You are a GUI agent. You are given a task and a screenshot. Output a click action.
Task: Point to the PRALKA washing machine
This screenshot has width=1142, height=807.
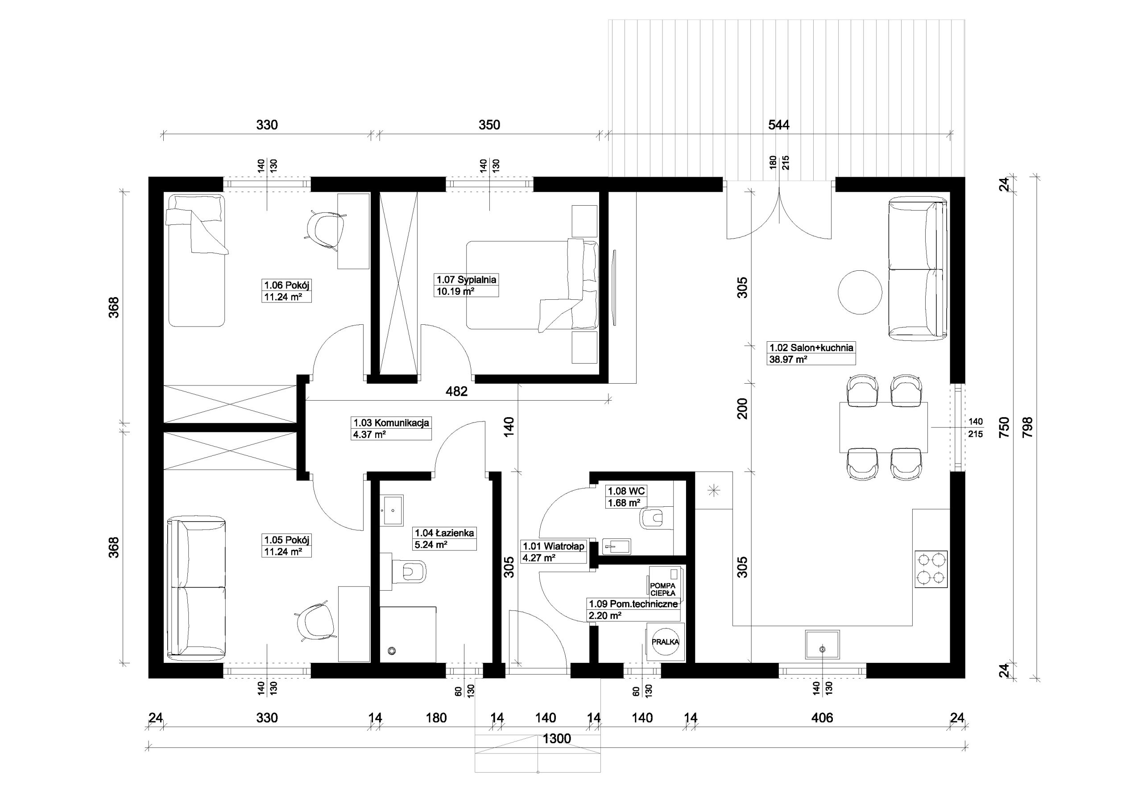tap(665, 642)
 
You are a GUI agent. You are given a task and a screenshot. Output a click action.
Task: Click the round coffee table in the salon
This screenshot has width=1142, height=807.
tap(861, 292)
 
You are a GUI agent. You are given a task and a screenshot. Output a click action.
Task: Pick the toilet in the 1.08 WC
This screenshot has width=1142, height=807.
tap(656, 518)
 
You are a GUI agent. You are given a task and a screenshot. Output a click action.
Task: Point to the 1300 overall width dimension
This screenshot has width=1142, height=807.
tap(557, 739)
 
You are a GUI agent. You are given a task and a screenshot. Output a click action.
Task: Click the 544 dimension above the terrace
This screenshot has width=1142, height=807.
tap(778, 125)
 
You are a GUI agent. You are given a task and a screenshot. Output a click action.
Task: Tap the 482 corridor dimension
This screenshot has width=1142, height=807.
tap(457, 392)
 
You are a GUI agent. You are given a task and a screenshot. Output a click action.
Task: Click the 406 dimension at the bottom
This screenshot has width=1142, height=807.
tap(822, 718)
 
